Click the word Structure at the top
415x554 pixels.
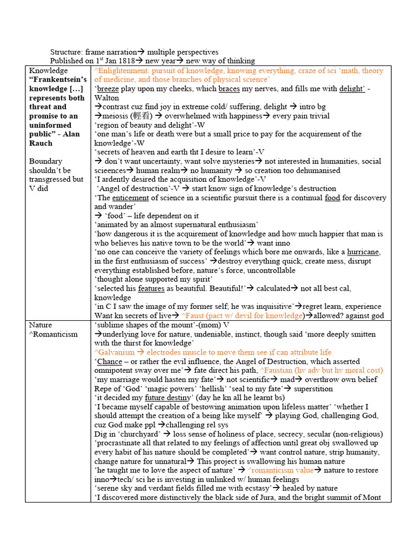click(66, 52)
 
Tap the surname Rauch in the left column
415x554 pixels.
click(41, 143)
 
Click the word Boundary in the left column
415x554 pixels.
click(45, 161)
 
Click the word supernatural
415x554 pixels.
click(195, 225)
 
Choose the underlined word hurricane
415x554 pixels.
click(363, 252)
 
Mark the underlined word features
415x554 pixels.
click(151, 288)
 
